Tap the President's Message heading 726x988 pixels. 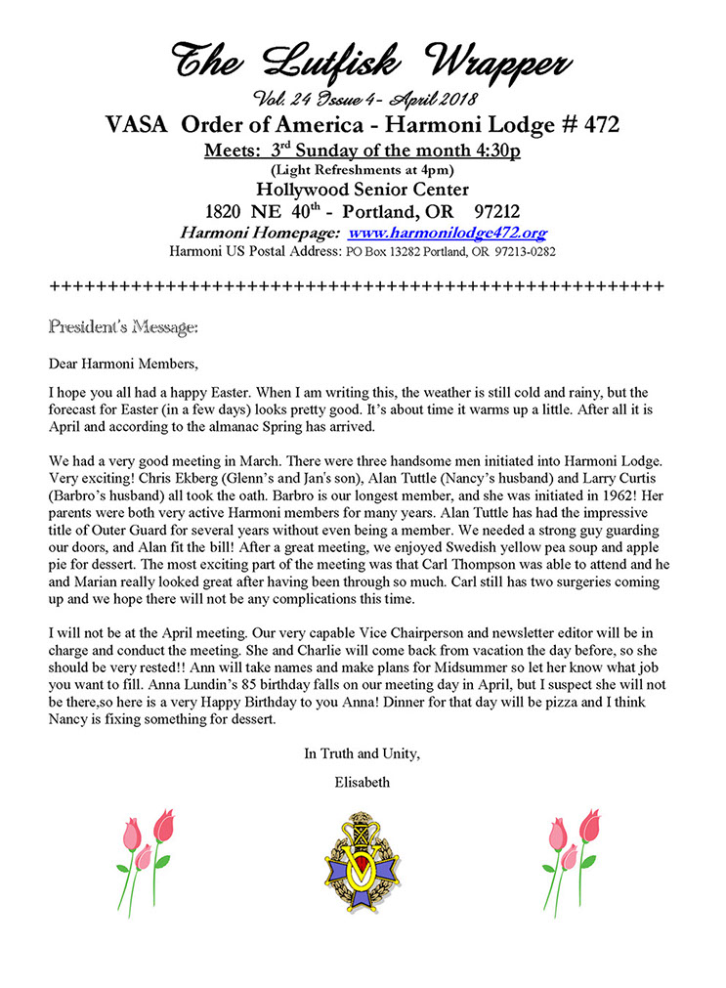(124, 324)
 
